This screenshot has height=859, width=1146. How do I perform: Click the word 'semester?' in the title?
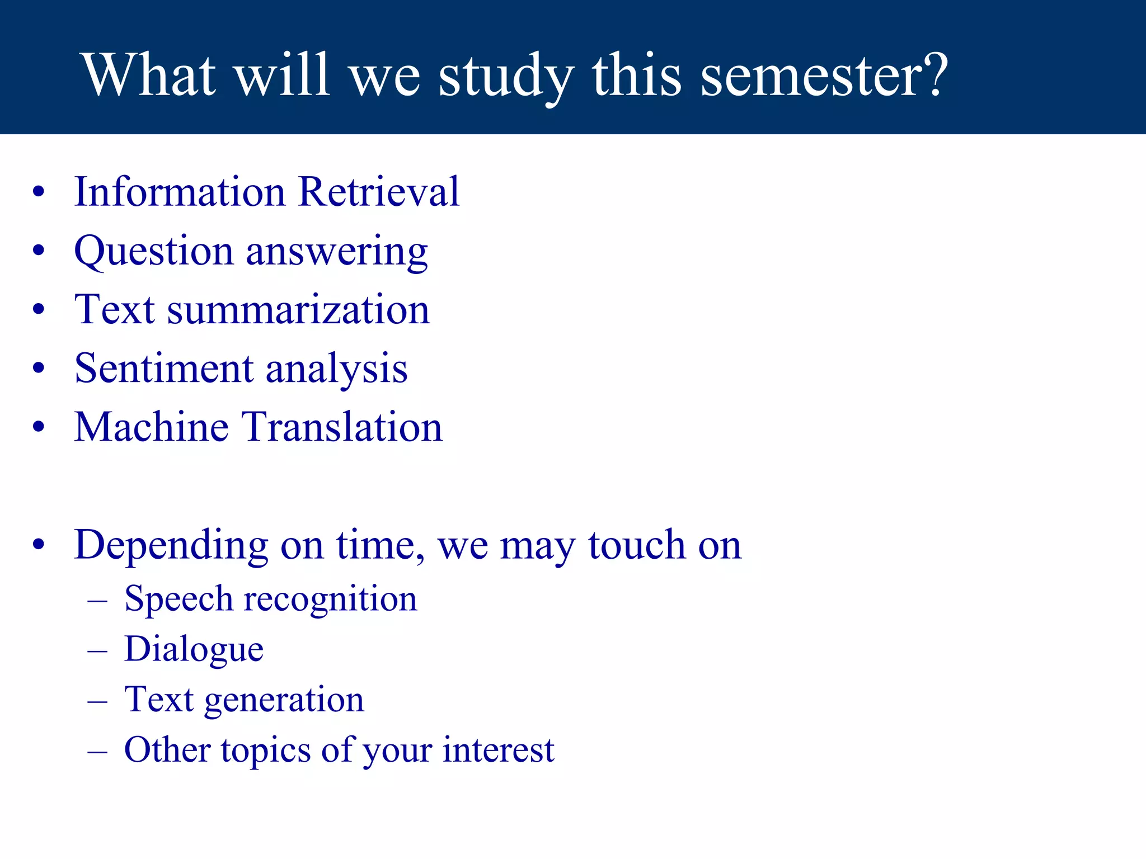point(824,75)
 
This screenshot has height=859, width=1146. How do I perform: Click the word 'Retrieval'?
point(379,192)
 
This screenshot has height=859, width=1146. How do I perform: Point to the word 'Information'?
point(180,192)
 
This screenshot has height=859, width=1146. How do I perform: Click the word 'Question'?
point(153,252)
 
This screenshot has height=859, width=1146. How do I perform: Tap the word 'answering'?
point(337,253)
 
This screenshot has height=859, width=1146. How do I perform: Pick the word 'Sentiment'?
point(164,369)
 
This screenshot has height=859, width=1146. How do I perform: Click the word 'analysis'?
point(336,370)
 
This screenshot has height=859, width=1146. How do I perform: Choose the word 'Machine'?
point(151,427)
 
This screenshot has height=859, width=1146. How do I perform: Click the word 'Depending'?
point(171,546)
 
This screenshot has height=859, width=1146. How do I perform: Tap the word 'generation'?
point(284,701)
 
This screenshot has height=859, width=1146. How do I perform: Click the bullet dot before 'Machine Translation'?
point(38,428)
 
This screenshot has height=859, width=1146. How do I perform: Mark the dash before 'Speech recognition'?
point(97,601)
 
